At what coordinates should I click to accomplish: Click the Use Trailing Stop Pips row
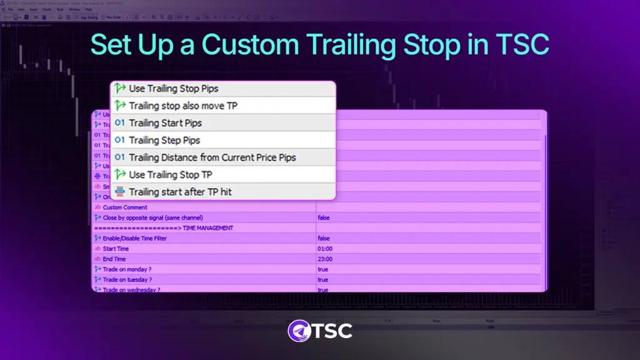[x=173, y=89]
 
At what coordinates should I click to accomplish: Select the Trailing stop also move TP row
[x=182, y=106]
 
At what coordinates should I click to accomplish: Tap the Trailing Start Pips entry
[x=165, y=123]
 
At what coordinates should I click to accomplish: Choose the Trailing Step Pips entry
[x=164, y=140]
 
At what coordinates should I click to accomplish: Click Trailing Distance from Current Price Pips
[x=212, y=157]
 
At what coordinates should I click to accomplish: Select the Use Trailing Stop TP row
[x=170, y=174]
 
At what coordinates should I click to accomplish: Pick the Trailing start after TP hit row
[x=180, y=192]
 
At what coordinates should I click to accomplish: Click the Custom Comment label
[x=125, y=207]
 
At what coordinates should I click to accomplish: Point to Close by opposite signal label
[x=152, y=217]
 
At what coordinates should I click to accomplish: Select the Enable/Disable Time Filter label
[x=134, y=238]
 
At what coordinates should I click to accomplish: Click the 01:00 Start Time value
[x=324, y=249]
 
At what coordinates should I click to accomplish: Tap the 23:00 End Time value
[x=324, y=259]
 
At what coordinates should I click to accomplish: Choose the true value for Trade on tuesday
[x=322, y=279]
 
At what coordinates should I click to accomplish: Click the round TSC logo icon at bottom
[x=301, y=331]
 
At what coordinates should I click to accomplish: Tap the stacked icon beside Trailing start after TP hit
[x=121, y=192]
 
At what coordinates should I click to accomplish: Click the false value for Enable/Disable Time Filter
[x=323, y=238]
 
